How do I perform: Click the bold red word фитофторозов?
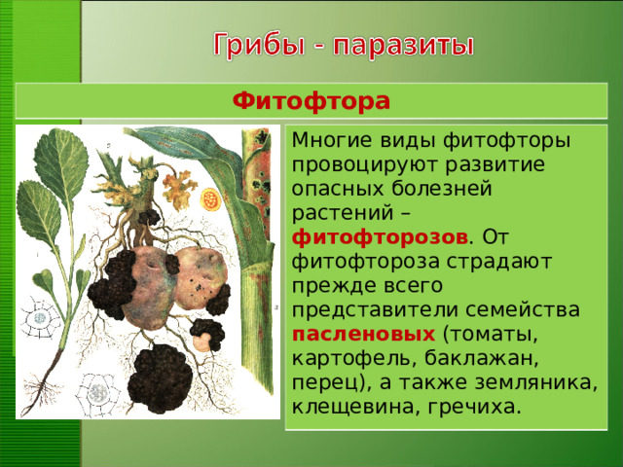[x=381, y=236]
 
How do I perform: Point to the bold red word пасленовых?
[x=363, y=334]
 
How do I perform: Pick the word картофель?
[x=340, y=358]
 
